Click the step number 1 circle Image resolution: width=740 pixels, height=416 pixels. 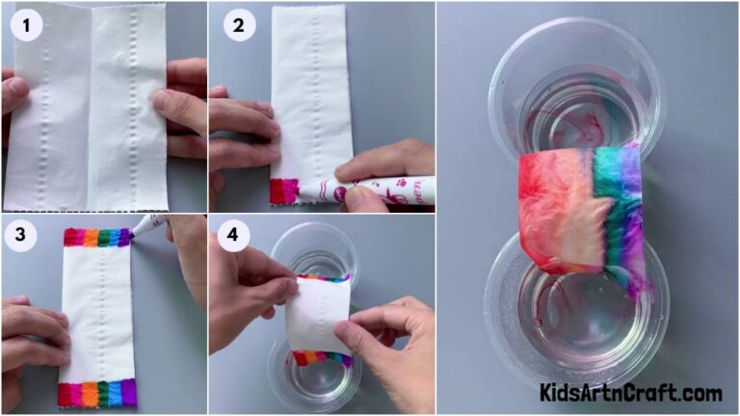[x=27, y=27]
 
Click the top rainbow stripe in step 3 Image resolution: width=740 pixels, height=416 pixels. [x=96, y=237]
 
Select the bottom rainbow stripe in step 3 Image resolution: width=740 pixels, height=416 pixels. [x=96, y=393]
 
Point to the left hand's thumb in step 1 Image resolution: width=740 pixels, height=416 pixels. [x=14, y=91]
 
